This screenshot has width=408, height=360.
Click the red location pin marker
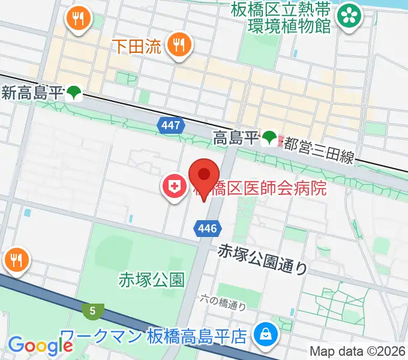click(x=203, y=178)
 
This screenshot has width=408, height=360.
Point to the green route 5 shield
click(x=92, y=310)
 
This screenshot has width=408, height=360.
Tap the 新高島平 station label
click(x=33, y=93)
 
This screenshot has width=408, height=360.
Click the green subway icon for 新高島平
click(x=74, y=93)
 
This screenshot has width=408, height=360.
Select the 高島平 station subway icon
click(x=269, y=139)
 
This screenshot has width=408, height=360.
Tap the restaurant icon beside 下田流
click(x=178, y=44)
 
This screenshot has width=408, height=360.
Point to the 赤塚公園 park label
click(x=152, y=279)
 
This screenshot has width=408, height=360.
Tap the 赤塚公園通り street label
click(x=263, y=258)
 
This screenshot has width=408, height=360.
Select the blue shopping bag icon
click(x=264, y=334)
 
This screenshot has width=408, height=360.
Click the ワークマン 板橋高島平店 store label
click(x=155, y=335)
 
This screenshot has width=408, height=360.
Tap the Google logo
click(x=40, y=345)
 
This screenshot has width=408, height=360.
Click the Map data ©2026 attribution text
click(x=358, y=351)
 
